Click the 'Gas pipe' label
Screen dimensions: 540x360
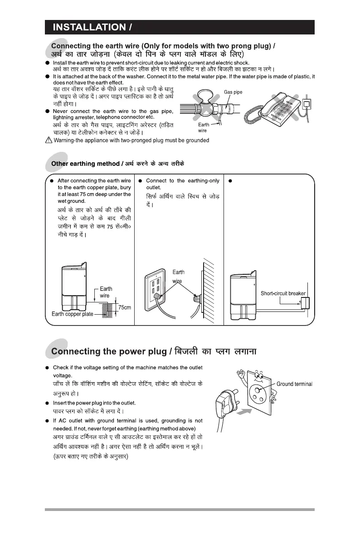pos(233,92)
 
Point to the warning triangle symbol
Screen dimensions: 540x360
pos(49,141)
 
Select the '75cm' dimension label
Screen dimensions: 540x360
pos(124,308)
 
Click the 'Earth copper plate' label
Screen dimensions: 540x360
pos(72,314)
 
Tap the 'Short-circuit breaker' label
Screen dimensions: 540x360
pos(283,293)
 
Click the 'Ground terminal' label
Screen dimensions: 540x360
pos(294,384)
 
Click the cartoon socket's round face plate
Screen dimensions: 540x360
pos(260,386)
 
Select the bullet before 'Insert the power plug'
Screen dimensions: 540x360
pos(48,403)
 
